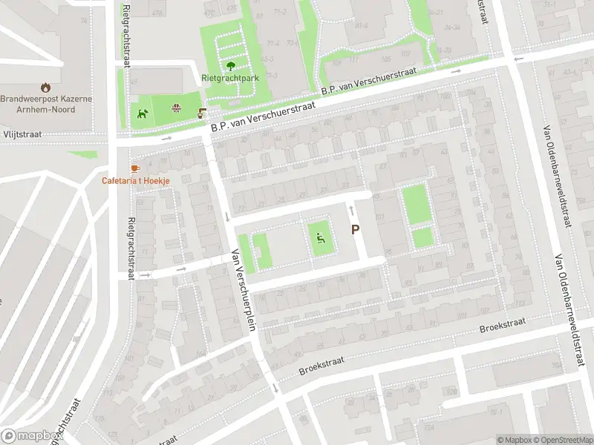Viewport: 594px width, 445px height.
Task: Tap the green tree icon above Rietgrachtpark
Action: point(229,65)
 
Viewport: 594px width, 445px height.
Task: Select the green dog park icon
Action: point(142,113)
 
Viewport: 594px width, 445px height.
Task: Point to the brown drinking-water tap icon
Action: point(201,113)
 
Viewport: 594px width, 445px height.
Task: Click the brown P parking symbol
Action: point(356,231)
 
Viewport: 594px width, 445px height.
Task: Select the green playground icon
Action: point(320,238)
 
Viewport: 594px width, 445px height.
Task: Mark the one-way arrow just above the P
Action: point(352,213)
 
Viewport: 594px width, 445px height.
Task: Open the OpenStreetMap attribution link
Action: point(564,440)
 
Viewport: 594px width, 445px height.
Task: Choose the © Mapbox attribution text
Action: point(515,440)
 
